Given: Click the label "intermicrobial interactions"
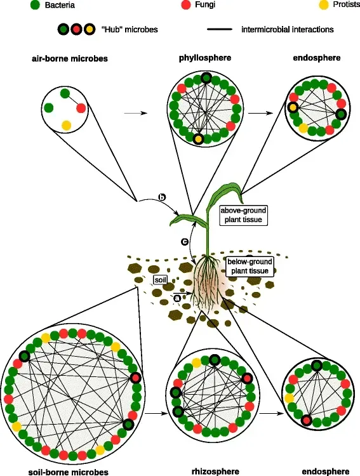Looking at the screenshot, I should (288, 29).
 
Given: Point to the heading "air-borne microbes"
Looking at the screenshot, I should (69, 58).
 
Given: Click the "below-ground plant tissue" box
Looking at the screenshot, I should (249, 266).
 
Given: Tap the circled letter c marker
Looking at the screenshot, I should (185, 242).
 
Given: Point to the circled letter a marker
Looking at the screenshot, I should (177, 296).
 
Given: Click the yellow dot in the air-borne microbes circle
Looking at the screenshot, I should (65, 124).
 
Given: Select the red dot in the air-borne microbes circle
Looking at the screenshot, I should (81, 108).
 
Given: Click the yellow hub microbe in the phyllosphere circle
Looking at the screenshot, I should (199, 138).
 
